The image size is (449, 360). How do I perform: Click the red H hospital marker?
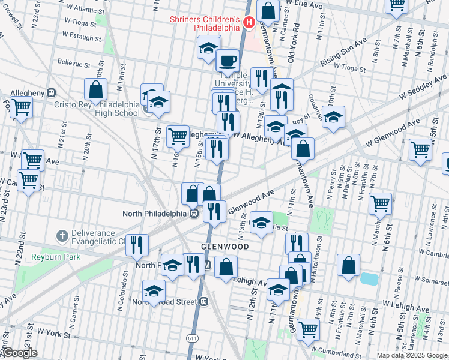(x=249, y=22)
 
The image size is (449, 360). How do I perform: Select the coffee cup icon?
(x=228, y=61)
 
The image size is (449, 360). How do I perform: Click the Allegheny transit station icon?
(x=52, y=94)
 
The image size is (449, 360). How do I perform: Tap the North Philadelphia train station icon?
(x=194, y=214)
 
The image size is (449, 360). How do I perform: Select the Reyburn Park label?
(x=47, y=256)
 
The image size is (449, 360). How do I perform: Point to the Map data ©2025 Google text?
(x=412, y=355)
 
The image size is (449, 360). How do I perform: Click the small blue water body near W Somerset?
(x=369, y=278)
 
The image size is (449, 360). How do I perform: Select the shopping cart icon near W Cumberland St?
(x=308, y=329)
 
